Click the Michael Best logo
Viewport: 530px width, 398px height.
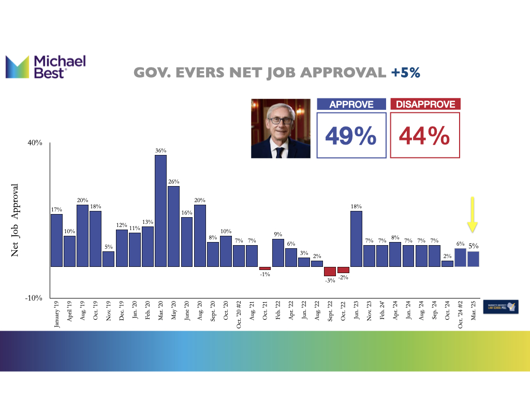(x=46, y=67)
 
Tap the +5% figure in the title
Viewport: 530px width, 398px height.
(x=405, y=73)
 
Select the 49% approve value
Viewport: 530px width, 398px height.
(x=351, y=136)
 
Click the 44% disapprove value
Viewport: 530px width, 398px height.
(x=424, y=136)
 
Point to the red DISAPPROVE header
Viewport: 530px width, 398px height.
(x=425, y=104)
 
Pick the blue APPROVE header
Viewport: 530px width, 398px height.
(x=351, y=104)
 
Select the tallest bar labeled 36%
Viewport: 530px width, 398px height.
(x=160, y=210)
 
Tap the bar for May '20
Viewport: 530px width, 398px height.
(x=173, y=226)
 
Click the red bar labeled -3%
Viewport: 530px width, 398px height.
(x=330, y=271)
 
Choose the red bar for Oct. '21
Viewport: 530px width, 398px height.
(x=265, y=268)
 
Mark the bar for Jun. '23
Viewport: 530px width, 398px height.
(x=356, y=238)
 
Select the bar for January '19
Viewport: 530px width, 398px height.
(x=56, y=240)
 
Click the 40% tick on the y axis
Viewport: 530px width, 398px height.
(x=35, y=143)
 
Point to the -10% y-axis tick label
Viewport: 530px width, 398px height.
(x=34, y=298)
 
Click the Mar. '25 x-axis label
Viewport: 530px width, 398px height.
(x=473, y=312)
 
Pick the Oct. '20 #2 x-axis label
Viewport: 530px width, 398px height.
(x=239, y=315)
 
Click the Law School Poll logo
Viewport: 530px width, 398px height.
(x=502, y=307)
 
